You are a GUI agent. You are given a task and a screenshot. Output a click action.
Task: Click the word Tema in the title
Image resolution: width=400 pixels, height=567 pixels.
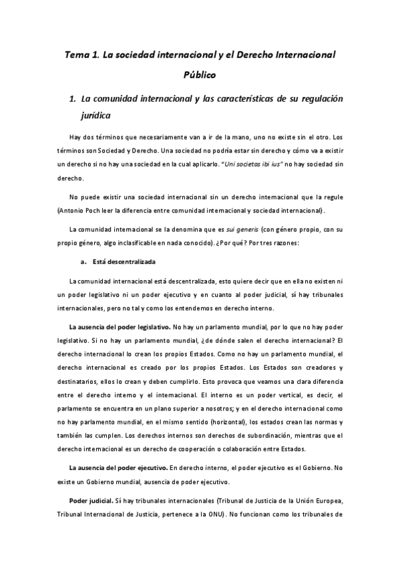tap(75, 53)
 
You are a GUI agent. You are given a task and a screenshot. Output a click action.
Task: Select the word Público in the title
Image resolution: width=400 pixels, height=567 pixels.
tap(200, 75)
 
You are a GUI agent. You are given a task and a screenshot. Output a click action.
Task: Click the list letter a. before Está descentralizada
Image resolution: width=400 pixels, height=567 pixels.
tap(84, 261)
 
